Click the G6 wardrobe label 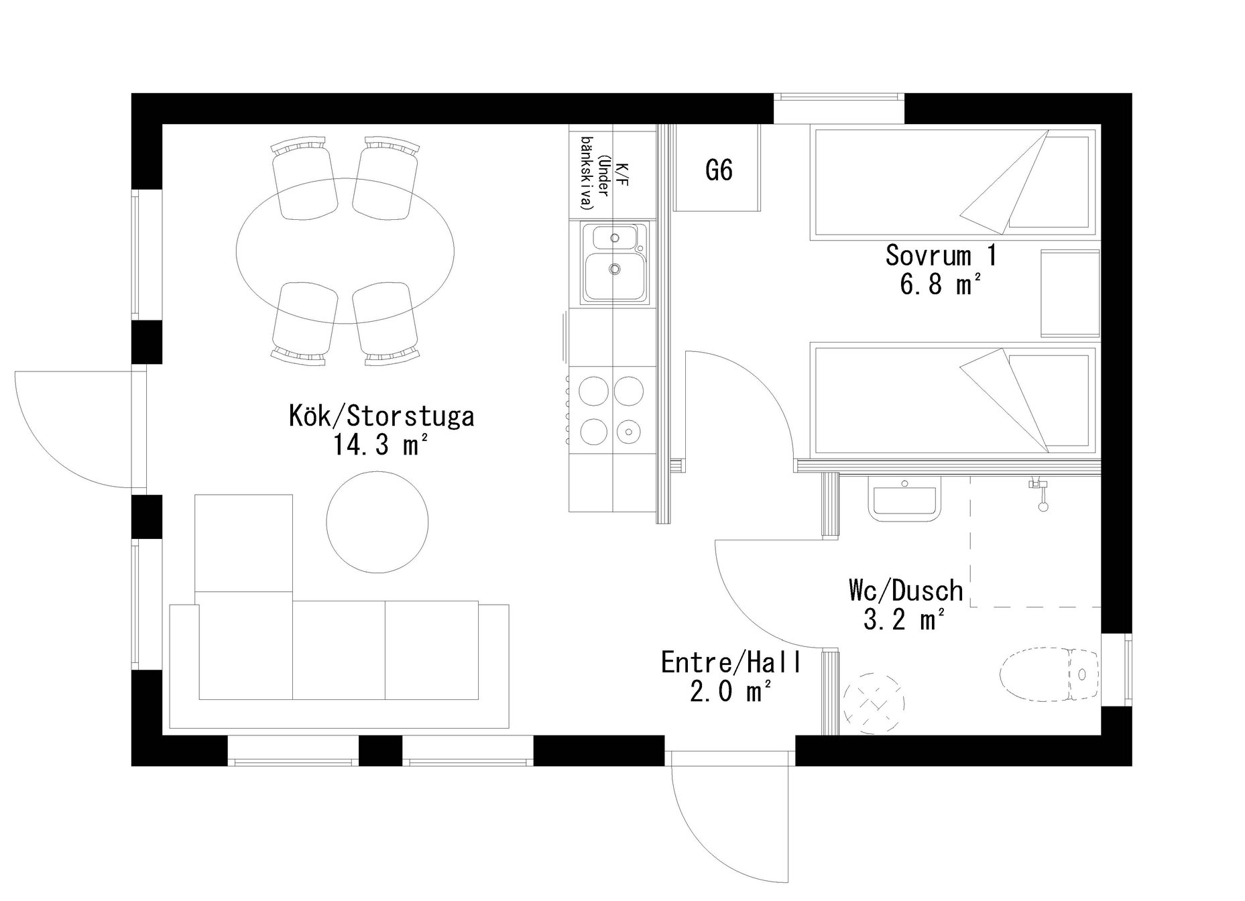(719, 170)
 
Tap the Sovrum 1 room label (941, 255)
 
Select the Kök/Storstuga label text (381, 416)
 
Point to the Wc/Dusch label (906, 591)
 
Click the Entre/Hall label (731, 662)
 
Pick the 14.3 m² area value (380, 445)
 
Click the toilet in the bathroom (1051, 674)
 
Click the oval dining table (345, 251)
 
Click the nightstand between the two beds (1070, 293)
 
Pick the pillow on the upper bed (1049, 182)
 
